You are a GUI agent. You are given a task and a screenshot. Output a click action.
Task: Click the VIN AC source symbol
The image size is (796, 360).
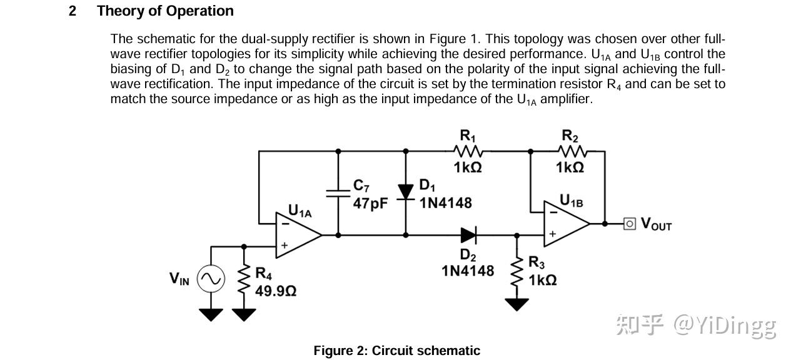coord(211,279)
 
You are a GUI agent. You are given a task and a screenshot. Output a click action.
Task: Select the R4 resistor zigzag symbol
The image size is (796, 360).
coord(244,280)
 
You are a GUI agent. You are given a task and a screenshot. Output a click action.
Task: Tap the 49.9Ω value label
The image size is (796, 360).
coord(276,291)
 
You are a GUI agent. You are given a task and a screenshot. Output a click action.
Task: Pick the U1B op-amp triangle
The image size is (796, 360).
coord(567,224)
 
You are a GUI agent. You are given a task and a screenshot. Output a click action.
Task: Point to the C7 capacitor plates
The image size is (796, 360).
coord(338,194)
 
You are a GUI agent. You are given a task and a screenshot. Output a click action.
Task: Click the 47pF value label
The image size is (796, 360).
coord(370,203)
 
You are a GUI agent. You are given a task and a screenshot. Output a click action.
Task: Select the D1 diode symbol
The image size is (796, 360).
coord(405,192)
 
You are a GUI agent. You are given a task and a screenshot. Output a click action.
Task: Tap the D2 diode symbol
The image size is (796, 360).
coord(469,235)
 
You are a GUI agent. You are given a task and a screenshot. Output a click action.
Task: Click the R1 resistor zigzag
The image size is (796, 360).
coord(468,151)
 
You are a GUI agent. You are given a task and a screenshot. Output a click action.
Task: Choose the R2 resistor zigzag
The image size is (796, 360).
coord(572,151)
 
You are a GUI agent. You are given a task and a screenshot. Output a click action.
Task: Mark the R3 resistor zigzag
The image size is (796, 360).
coord(516,273)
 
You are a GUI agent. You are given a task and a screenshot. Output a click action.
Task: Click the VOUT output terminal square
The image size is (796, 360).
coord(629,224)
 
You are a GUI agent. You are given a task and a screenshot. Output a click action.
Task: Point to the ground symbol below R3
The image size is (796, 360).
coord(516,304)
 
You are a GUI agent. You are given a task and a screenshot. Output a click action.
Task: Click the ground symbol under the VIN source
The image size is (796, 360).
coord(211,315)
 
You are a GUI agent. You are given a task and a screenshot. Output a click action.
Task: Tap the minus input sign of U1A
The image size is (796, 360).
coord(285,224)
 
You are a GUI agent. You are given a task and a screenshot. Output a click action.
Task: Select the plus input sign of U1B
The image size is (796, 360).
coord(553,234)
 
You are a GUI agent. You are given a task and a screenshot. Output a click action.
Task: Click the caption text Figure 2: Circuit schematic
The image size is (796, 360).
coord(396,351)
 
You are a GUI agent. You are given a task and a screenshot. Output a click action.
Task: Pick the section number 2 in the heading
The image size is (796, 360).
coord(73,11)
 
